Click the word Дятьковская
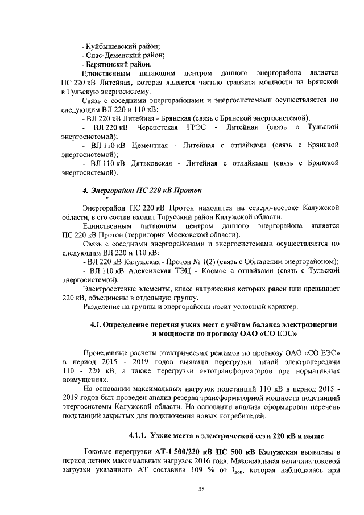(x=155, y=163)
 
